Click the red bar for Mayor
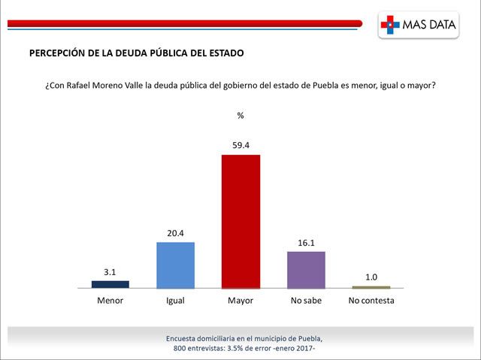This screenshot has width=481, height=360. (240, 221)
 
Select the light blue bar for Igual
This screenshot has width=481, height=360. (175, 265)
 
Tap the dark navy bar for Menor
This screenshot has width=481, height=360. (110, 284)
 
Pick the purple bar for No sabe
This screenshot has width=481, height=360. (306, 269)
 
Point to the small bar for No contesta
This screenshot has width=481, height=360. (371, 287)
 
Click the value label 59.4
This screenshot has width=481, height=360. (240, 145)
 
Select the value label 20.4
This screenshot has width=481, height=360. (175, 233)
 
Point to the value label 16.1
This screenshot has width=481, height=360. (306, 242)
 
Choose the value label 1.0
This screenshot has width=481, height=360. (371, 277)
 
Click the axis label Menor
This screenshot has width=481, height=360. (110, 301)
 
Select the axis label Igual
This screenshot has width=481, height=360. (175, 301)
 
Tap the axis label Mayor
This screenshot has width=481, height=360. (240, 301)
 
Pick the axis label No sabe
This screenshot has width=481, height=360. (306, 301)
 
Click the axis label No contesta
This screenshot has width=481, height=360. (371, 301)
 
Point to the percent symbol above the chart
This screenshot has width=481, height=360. (240, 116)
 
